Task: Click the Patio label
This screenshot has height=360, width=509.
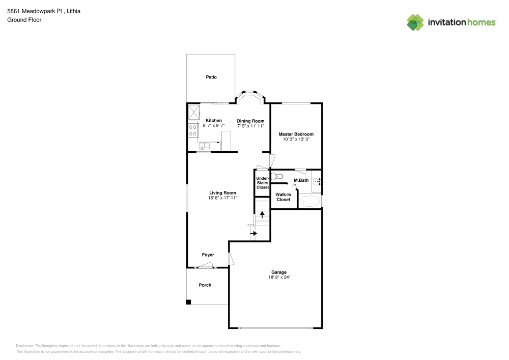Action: pyautogui.click(x=211, y=77)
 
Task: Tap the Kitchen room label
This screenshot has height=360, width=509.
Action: pyautogui.click(x=214, y=121)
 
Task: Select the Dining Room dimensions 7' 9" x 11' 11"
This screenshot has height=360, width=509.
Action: pyautogui.click(x=250, y=126)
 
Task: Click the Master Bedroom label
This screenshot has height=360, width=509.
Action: pyautogui.click(x=296, y=134)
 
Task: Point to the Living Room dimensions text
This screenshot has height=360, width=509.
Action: pyautogui.click(x=223, y=198)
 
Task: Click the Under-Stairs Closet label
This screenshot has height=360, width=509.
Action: pyautogui.click(x=263, y=183)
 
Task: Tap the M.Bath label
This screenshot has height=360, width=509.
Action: pyautogui.click(x=301, y=180)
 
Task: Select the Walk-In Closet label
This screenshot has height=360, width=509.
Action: pyautogui.click(x=284, y=197)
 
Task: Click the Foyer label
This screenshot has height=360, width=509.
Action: pyautogui.click(x=208, y=255)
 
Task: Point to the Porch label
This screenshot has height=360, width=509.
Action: pyautogui.click(x=205, y=285)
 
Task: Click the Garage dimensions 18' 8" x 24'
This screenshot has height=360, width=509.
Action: pyautogui.click(x=279, y=277)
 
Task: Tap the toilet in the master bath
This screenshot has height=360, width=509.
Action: pyautogui.click(x=277, y=177)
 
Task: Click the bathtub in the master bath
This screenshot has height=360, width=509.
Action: pyautogui.click(x=309, y=201)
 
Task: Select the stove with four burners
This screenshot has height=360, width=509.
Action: pyautogui.click(x=193, y=130)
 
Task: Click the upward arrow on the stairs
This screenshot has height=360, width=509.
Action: pyautogui.click(x=262, y=214)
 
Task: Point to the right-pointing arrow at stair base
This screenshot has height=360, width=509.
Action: pyautogui.click(x=253, y=233)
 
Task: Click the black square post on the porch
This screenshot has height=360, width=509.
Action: pyautogui.click(x=188, y=302)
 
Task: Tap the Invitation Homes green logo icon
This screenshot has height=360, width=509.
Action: pyautogui.click(x=415, y=22)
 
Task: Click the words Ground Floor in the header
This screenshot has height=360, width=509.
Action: pyautogui.click(x=24, y=20)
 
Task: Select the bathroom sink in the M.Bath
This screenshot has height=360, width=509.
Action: pyautogui.click(x=317, y=181)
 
